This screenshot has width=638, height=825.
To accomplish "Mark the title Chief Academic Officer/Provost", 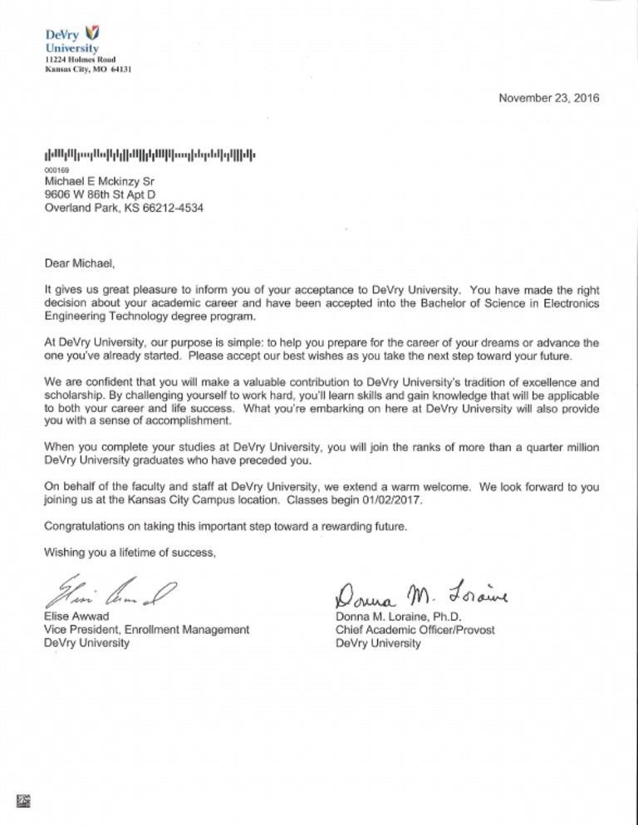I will [x=415, y=630].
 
